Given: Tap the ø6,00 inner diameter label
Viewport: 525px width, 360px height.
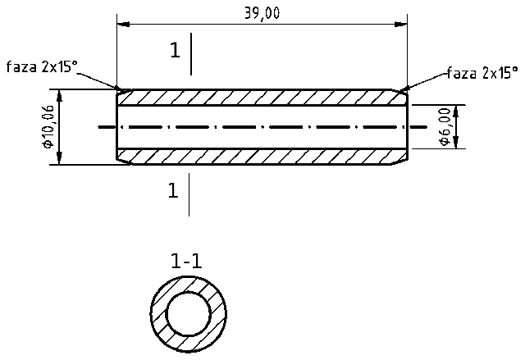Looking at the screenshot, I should coord(444,127).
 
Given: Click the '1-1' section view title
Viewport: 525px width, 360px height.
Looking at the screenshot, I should coord(186,262).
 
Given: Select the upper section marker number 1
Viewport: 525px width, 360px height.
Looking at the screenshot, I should coord(174,51).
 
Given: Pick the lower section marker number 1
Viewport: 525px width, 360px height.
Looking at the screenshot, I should coord(173,191).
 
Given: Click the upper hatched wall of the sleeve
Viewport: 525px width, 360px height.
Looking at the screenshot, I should coord(262,98).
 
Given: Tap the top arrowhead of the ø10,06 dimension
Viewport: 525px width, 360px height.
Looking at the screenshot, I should coord(62,93).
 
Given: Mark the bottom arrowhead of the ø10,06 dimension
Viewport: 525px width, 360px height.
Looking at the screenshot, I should coord(62,160).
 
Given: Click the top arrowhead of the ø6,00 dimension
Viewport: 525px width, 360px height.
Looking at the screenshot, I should coord(456,109).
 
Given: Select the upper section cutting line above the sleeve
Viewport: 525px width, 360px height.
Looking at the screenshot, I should coord(190,54).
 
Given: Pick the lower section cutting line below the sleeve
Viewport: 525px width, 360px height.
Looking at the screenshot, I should coord(189,194).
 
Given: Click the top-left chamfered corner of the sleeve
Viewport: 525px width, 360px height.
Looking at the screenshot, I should coord(121,90).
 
